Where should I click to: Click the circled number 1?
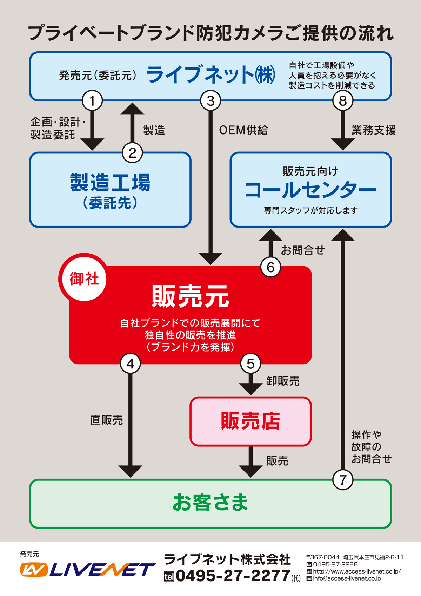coord(92,101)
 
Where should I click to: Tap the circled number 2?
coord(132,153)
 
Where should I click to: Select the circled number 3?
coord(210,101)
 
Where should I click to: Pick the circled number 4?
coord(130,364)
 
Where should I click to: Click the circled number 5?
coord(250,364)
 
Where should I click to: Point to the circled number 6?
coord(270,267)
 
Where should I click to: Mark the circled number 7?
coord(343,480)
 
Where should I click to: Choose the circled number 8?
coord(343,101)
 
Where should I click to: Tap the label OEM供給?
coord(243,130)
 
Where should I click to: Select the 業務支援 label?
coord(374,130)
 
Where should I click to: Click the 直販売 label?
coord(107,420)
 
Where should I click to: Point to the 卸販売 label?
coord(283,381)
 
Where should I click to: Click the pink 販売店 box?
coord(250,421)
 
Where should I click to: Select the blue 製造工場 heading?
coord(110,183)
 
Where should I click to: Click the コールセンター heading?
coord(310,190)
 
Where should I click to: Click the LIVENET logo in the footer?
coord(88,570)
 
